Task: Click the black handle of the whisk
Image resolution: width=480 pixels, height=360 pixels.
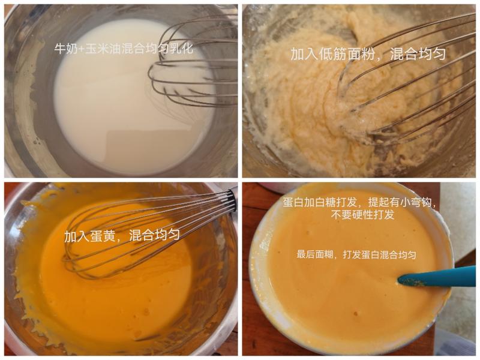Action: [232, 200]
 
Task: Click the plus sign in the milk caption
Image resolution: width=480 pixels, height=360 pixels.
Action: [80, 49]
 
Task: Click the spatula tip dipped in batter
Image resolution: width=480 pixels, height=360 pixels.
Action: [404, 280]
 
